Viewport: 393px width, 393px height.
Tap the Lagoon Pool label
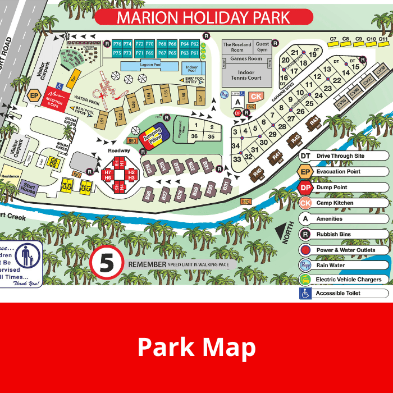(x=150, y=66)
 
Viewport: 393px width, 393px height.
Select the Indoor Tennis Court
(x=246, y=75)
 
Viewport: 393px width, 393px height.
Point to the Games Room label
(x=246, y=58)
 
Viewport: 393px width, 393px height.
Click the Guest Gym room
(x=262, y=47)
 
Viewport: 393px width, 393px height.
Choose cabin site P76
(x=117, y=44)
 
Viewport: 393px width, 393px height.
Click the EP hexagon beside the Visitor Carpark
(x=35, y=95)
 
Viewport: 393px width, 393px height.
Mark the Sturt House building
(x=29, y=189)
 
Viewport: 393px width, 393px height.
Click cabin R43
(x=314, y=121)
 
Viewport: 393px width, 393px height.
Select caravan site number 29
(x=273, y=134)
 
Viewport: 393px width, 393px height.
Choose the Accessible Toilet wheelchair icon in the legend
(x=305, y=293)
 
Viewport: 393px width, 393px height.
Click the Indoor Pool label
(x=191, y=68)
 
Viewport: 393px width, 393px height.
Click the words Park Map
(x=196, y=347)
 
